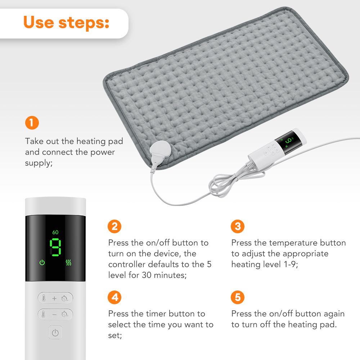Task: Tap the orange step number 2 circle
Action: tap(114, 226)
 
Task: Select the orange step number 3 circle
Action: tap(238, 226)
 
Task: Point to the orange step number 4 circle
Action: tap(114, 297)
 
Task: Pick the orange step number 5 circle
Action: tap(238, 297)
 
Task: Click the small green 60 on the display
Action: tap(55, 232)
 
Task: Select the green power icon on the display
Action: tap(42, 262)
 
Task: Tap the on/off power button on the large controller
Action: tap(55, 333)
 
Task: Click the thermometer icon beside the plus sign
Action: tap(44, 298)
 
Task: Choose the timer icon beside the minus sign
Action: tap(65, 314)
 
